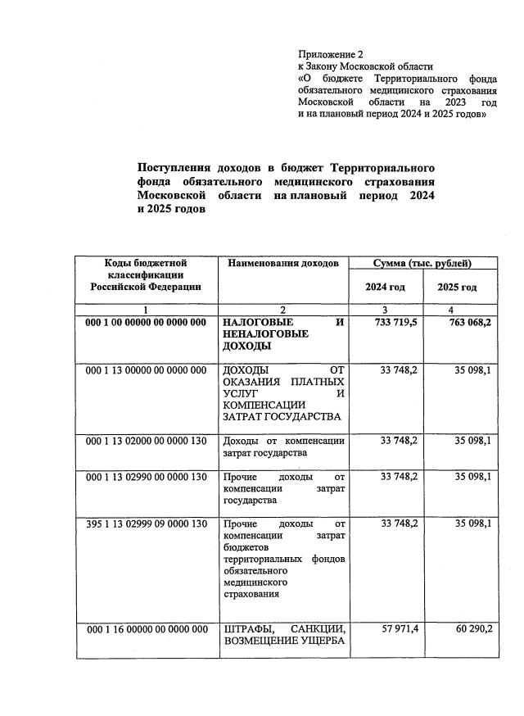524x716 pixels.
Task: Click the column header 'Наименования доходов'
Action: point(282,264)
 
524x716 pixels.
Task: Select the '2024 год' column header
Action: point(386,288)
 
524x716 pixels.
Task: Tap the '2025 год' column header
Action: point(457,288)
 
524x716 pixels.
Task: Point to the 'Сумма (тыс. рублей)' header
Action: point(422,264)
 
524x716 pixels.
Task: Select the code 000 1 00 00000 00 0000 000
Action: point(146,323)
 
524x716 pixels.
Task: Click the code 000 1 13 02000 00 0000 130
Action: point(146,441)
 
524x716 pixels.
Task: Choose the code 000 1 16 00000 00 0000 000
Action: point(146,629)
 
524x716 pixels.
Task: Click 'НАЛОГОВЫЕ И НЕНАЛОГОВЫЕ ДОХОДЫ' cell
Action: point(283,334)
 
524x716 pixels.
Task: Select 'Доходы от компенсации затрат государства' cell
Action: point(283,446)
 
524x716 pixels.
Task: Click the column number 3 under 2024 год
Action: point(386,310)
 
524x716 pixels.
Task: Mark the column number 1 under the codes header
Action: point(146,310)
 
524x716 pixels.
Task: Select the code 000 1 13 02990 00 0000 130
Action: point(146,477)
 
